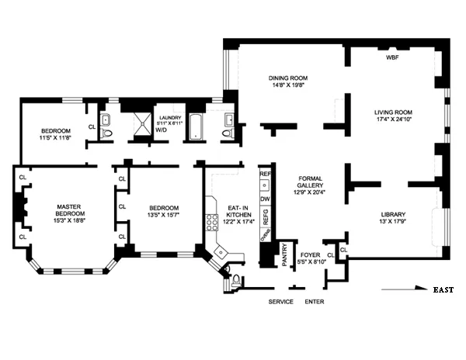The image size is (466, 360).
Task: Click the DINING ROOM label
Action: click(289, 78)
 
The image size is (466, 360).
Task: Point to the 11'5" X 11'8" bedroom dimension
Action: click(56, 137)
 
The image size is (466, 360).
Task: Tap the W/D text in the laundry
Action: click(162, 130)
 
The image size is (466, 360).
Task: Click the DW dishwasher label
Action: click(265, 199)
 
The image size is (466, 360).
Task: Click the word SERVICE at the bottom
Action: click(280, 301)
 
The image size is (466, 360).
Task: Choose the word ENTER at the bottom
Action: click(315, 301)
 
